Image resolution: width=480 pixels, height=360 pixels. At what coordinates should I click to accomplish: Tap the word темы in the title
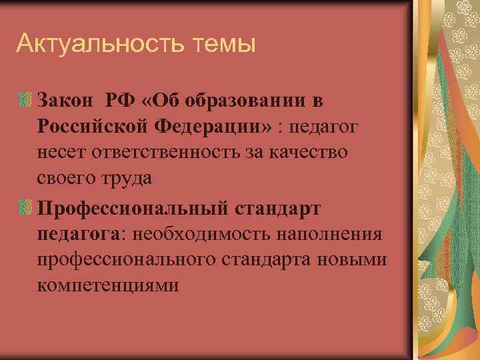pos(224,45)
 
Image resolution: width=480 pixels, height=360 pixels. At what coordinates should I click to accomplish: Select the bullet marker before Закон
pos(26,101)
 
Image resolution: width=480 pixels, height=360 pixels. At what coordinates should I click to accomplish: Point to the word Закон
pos(65,101)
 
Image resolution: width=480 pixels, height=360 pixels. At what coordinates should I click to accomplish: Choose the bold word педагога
pos(79,233)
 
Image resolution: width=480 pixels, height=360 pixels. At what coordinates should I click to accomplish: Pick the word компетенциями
pos(108,286)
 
